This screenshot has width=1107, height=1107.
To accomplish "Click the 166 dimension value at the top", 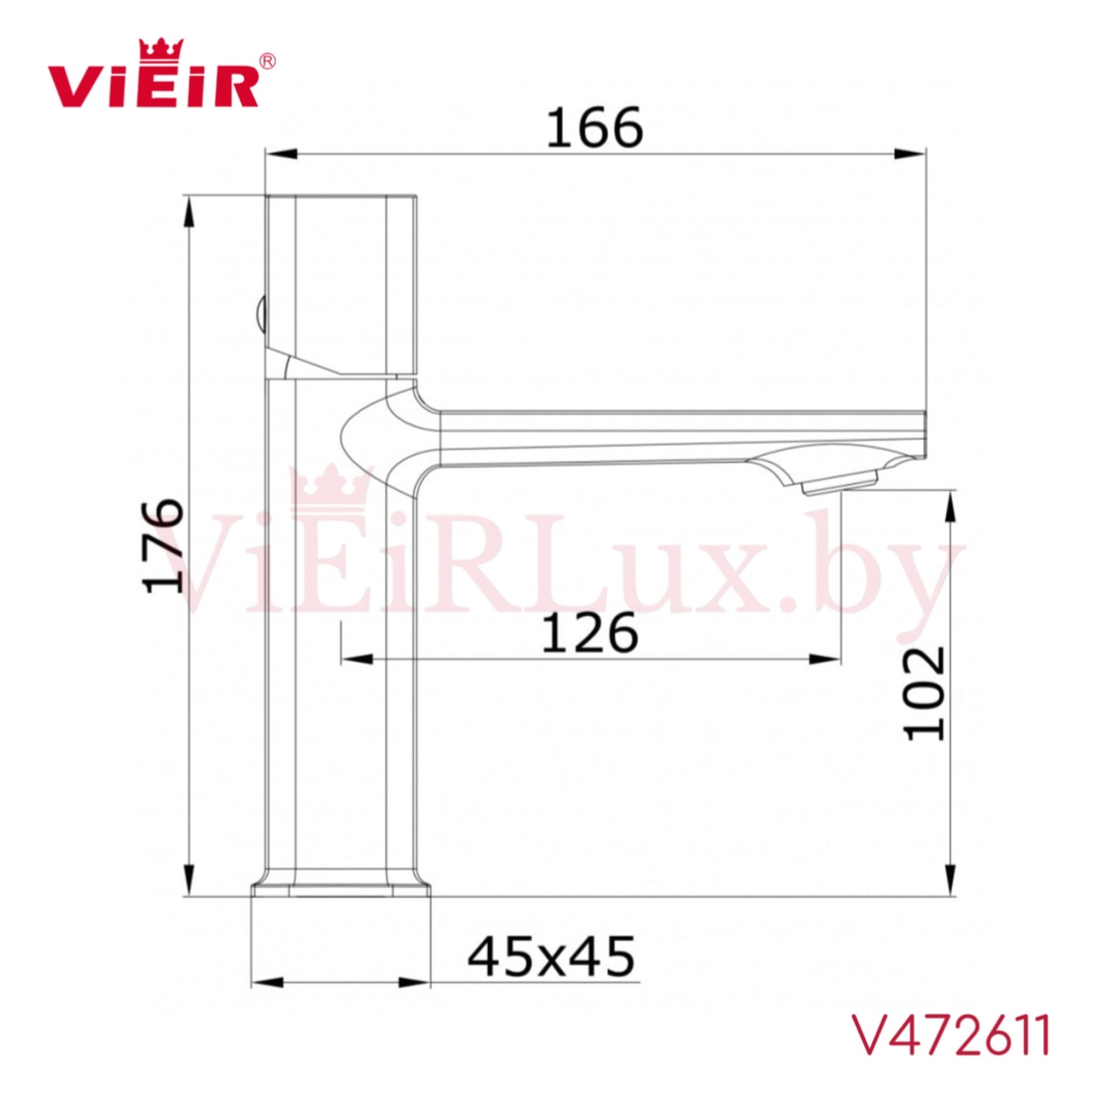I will [595, 127].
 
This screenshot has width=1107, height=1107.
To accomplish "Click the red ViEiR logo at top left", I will [152, 86].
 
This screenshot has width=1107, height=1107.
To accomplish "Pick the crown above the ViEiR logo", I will [162, 48].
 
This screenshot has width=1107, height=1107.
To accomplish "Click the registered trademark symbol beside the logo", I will [267, 61].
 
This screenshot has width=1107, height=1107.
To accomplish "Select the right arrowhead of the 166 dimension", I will [910, 153].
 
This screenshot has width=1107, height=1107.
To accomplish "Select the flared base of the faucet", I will [340, 889].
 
